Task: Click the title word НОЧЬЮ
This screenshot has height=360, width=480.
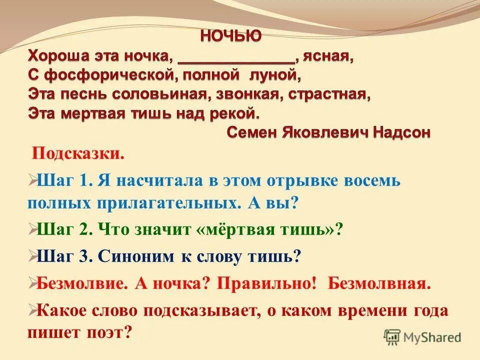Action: coord(230,36)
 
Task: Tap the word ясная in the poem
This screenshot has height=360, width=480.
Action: coord(328,56)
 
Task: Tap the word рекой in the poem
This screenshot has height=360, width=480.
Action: coord(232,113)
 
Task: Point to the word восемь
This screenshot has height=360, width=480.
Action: coord(370,180)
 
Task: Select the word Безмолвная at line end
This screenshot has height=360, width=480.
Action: coord(379,284)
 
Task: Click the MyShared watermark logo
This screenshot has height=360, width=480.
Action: coord(422,337)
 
